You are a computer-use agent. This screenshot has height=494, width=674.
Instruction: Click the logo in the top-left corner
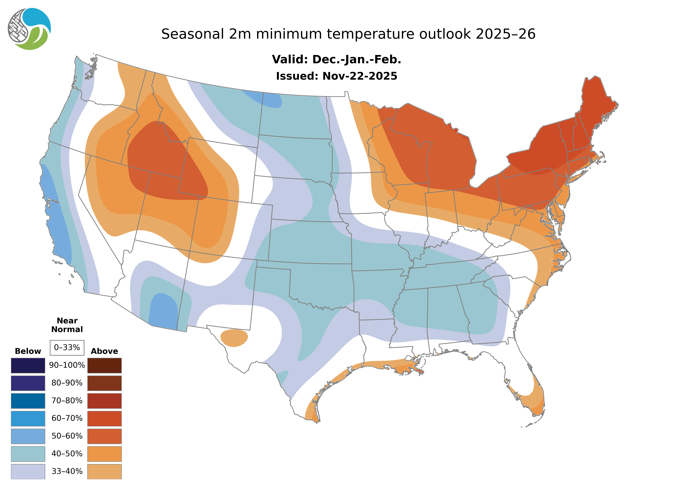(29, 29)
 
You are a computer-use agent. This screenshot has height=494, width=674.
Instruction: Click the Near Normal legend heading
(67, 325)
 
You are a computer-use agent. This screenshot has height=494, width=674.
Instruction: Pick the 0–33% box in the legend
(67, 348)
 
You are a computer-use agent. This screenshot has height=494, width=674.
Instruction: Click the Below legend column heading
(28, 351)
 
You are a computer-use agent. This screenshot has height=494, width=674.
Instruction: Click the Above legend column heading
(104, 351)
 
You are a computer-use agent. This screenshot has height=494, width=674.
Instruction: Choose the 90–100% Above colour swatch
(104, 365)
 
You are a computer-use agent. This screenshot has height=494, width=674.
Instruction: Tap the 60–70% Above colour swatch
(104, 418)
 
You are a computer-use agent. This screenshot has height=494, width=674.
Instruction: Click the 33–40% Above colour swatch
(104, 471)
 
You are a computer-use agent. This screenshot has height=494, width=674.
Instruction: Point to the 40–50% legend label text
(67, 454)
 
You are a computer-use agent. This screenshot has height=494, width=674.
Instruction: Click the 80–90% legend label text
(67, 383)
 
